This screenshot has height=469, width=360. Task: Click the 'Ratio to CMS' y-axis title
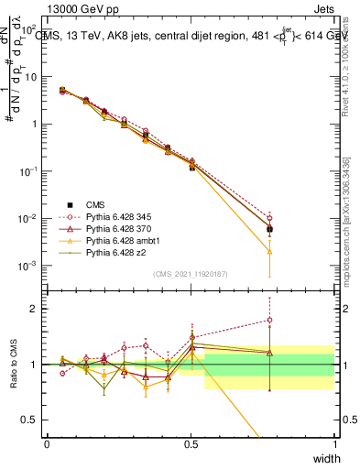pyautogui.click(x=13, y=363)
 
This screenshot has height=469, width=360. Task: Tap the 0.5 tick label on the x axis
pyautogui.click(x=191, y=444)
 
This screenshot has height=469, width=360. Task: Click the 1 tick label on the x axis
pyautogui.click(x=334, y=444)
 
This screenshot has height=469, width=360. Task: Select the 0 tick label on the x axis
pyautogui.click(x=47, y=444)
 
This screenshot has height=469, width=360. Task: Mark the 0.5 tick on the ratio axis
pyautogui.click(x=29, y=421)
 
